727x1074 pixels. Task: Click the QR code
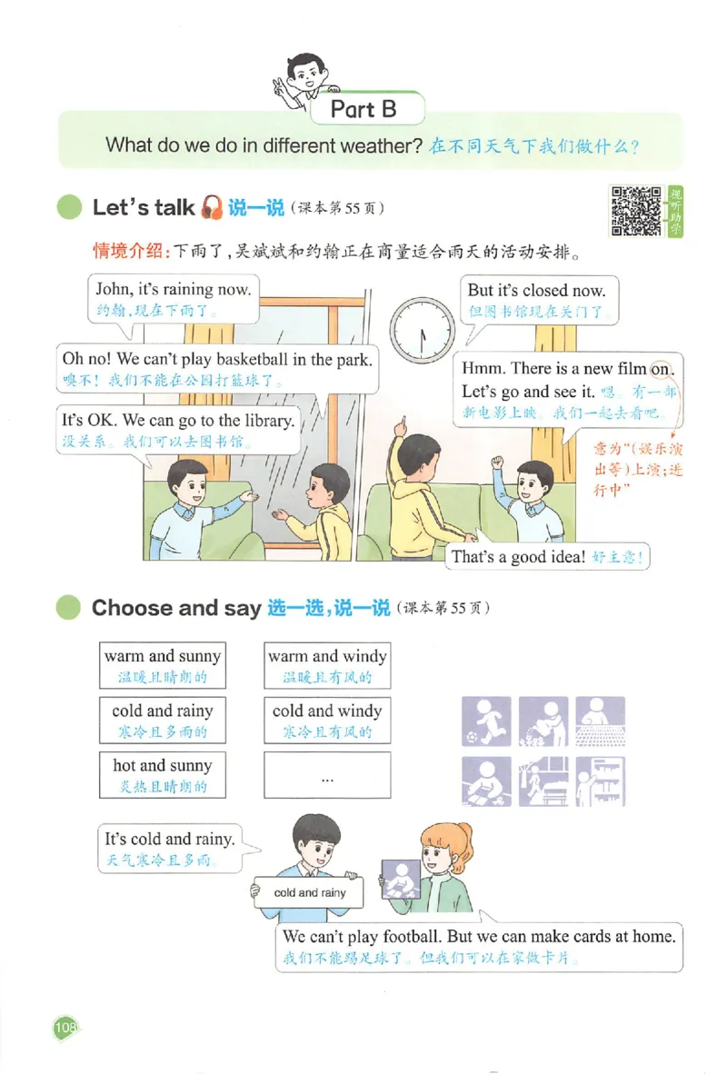click(x=635, y=211)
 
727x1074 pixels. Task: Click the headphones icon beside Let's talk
click(x=212, y=207)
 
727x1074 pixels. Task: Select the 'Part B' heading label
click(x=363, y=110)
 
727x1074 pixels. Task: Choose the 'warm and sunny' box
click(x=163, y=665)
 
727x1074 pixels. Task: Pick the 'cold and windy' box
click(x=327, y=721)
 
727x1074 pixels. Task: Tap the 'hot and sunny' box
click(x=163, y=775)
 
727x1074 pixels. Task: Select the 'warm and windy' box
click(x=327, y=665)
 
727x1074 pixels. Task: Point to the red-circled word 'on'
click(x=661, y=368)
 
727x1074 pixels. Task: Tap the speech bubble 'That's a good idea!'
click(x=548, y=557)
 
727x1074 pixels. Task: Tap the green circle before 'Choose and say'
click(x=68, y=608)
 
